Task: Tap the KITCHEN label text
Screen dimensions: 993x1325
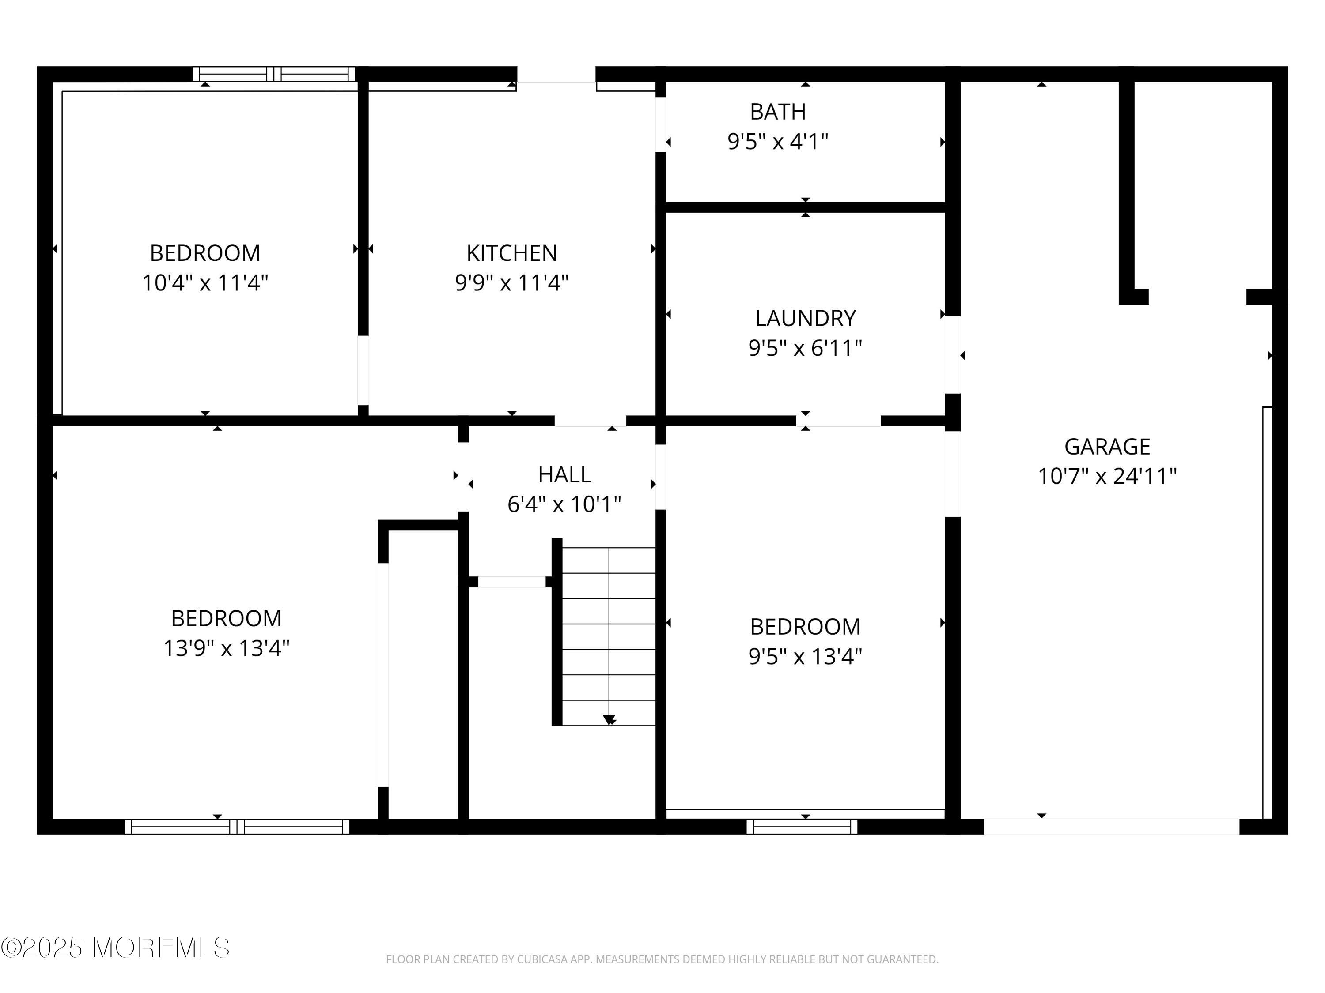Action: pos(511,253)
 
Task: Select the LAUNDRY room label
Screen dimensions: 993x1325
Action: pos(805,319)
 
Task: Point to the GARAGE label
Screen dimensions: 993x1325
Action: pos(1107,447)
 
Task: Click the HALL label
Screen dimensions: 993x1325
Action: pos(564,474)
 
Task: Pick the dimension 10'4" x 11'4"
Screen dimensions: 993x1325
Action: pos(205,282)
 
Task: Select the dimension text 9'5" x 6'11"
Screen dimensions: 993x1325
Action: pos(805,348)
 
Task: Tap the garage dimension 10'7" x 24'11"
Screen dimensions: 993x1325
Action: pos(1107,477)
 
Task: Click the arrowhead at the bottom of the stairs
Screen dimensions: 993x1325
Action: pos(609,720)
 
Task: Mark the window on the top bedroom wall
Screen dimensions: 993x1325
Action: pos(274,74)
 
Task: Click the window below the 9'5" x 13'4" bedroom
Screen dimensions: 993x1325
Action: pos(802,827)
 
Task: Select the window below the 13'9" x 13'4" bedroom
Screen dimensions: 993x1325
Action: pos(237,827)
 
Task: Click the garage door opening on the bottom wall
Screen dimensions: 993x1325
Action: pos(1111,827)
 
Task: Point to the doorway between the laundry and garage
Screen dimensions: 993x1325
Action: pos(952,354)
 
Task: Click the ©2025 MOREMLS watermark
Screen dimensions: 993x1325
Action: pos(115,948)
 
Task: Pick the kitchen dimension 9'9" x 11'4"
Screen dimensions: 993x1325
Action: pos(511,282)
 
